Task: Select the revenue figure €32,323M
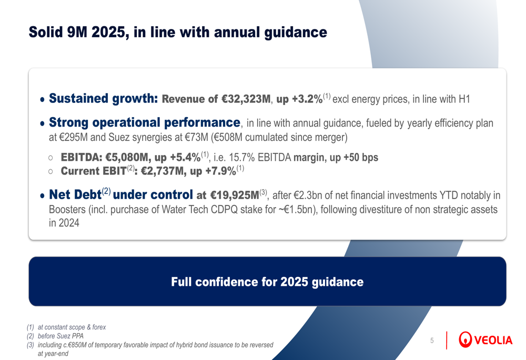pyautogui.click(x=246, y=99)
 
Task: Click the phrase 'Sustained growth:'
pyautogui.click(x=103, y=98)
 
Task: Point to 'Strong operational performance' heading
pyautogui.click(x=144, y=123)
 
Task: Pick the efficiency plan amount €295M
pyautogui.click(x=72, y=138)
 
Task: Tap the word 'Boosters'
pyautogui.click(x=67, y=209)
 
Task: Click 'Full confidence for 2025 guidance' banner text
pyautogui.click(x=267, y=282)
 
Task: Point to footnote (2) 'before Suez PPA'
pyautogui.click(x=60, y=336)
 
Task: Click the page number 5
pyautogui.click(x=432, y=341)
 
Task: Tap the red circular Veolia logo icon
pyautogui.click(x=466, y=340)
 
